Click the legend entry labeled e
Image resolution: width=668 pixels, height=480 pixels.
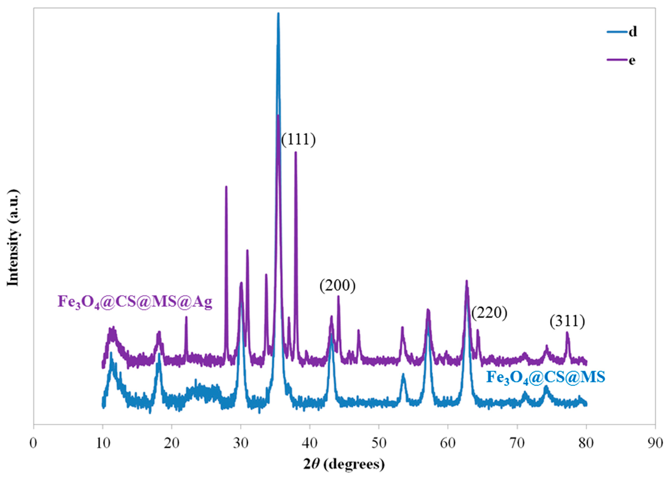pyautogui.click(x=621, y=60)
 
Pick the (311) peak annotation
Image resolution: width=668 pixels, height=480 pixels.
pyautogui.click(x=567, y=321)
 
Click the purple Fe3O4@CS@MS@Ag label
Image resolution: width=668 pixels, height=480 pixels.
pyautogui.click(x=135, y=302)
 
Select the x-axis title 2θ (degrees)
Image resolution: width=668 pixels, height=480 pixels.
pyautogui.click(x=344, y=464)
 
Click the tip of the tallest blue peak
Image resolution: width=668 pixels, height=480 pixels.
pyautogui.click(x=278, y=13)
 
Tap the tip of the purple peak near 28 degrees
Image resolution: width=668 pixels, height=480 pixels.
pyautogui.click(x=226, y=186)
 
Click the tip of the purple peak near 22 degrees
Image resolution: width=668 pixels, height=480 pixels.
pyautogui.click(x=186, y=317)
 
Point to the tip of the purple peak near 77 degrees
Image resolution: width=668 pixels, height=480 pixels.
pyautogui.click(x=567, y=332)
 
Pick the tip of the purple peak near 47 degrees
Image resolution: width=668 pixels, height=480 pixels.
pyautogui.click(x=359, y=330)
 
